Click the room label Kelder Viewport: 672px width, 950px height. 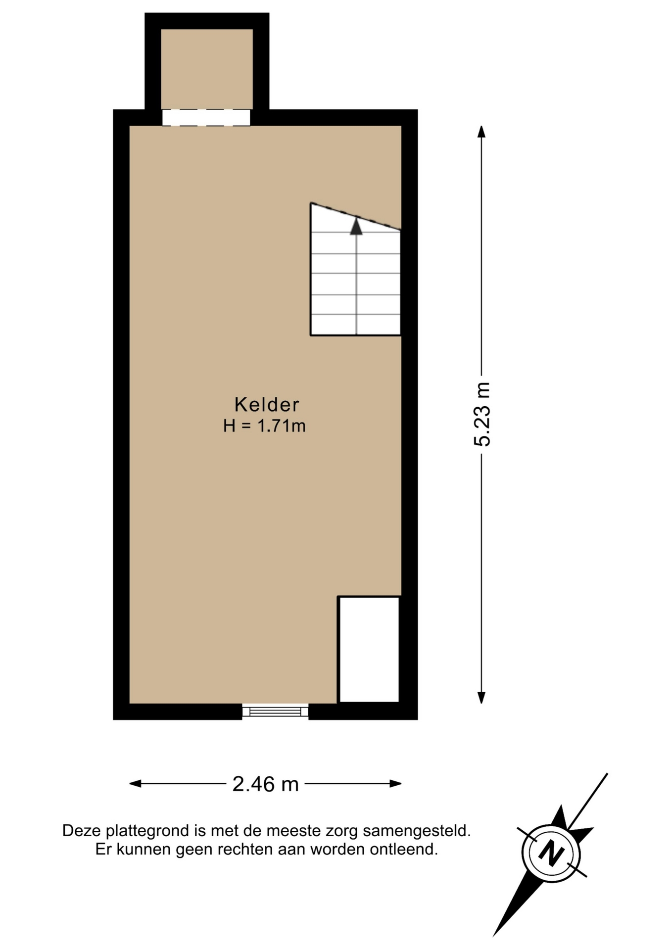267,405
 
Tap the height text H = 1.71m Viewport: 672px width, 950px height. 264,426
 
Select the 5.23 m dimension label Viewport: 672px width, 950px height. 482,414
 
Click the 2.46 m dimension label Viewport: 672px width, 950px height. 266,784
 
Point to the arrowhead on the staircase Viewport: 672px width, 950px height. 356,227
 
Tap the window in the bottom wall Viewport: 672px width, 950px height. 275,712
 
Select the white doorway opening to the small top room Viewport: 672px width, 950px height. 206,118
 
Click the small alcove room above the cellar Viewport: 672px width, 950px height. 207,69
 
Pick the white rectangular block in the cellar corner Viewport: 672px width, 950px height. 369,649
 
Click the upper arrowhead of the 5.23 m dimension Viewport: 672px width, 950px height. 481,132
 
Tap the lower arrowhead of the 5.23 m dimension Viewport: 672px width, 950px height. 481,697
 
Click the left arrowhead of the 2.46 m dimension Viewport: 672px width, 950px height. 136,783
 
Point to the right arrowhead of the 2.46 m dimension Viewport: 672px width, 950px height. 395,783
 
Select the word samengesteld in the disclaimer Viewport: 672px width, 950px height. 417,831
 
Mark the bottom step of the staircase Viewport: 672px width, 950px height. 356,325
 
